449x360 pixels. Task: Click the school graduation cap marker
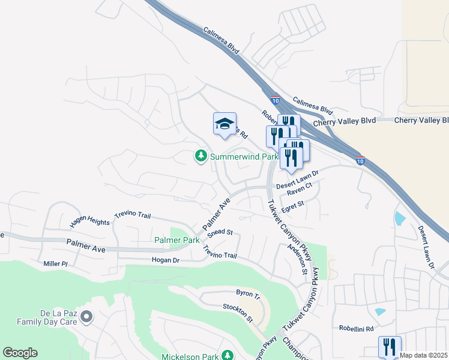(x=224, y=124)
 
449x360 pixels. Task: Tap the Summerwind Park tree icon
(x=200, y=157)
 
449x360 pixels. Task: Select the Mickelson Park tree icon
(x=228, y=356)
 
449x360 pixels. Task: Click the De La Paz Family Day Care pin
(x=86, y=316)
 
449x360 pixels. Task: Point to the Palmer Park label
(x=176, y=240)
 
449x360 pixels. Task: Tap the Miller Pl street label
(x=57, y=264)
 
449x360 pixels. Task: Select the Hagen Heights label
(x=90, y=222)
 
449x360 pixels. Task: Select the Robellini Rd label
(x=357, y=329)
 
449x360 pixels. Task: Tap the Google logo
(x=20, y=353)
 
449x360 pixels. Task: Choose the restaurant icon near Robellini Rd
(x=390, y=346)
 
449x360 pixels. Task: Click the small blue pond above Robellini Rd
(x=379, y=312)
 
